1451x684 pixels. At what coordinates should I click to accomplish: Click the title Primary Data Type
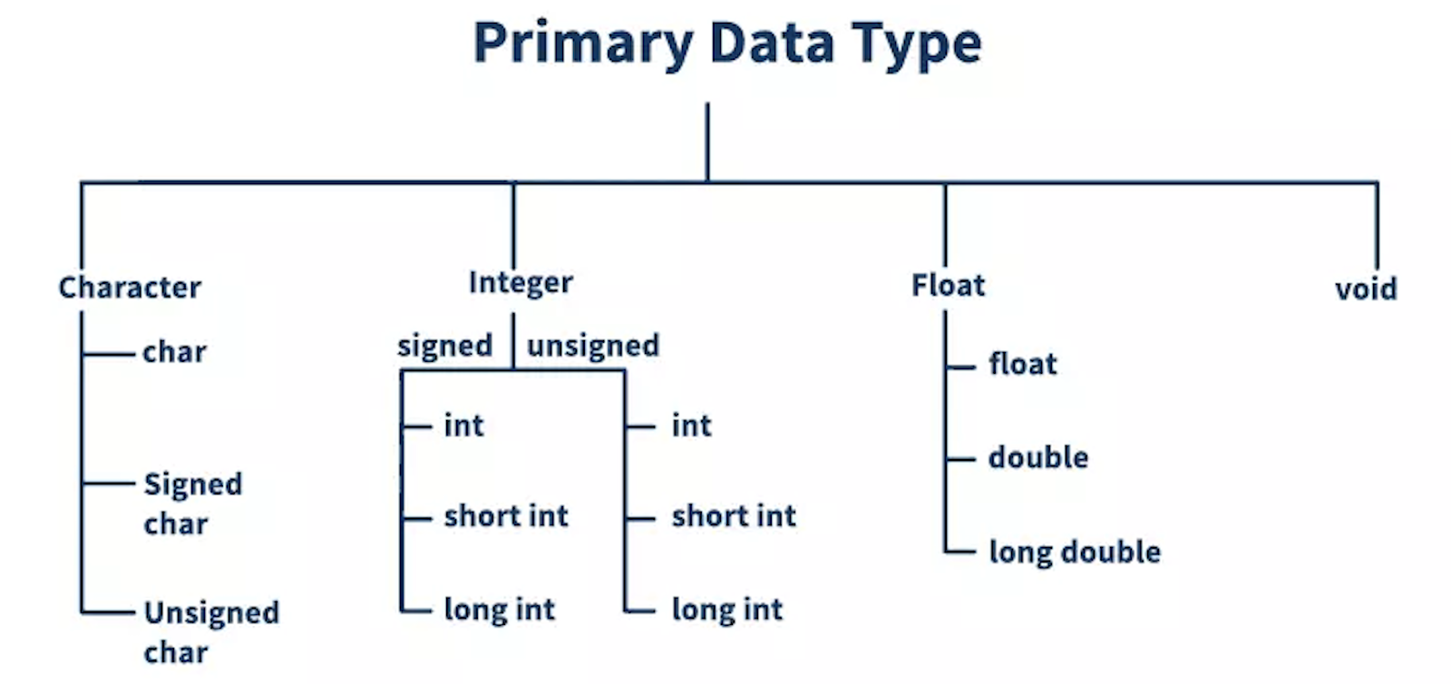pos(727,44)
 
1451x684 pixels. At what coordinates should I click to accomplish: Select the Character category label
pos(130,288)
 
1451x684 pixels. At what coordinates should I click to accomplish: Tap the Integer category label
pos(521,283)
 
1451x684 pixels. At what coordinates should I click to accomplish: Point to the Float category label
pos(949,285)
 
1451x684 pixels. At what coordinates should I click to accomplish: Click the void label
pos(1366,288)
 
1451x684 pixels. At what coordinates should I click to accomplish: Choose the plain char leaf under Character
pos(174,352)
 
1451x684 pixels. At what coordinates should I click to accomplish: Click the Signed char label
pos(193,504)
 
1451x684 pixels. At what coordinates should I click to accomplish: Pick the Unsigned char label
pos(211,632)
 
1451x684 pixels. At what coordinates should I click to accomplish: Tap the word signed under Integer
pos(445,347)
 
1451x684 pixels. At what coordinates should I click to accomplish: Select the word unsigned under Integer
pos(593,346)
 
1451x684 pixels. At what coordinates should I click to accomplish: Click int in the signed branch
pos(463,425)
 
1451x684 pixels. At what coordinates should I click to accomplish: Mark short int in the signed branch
pos(506,516)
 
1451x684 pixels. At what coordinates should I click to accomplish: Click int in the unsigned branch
pos(691,425)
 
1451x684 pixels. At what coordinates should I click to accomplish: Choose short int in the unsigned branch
pos(734,516)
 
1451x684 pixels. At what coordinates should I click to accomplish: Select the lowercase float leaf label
pos(1023,364)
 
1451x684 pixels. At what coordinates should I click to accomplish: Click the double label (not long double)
pos(1038,457)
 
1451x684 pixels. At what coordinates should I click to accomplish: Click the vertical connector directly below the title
pos(707,142)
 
